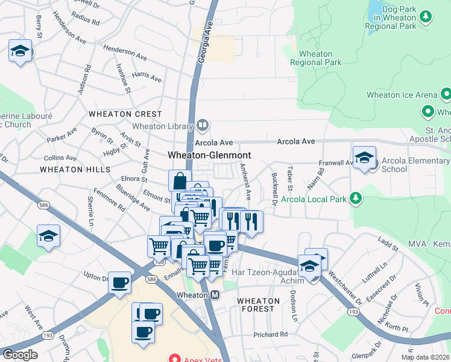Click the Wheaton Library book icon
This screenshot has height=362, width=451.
pyautogui.click(x=203, y=125)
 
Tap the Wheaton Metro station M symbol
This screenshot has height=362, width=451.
pyautogui.click(x=215, y=295)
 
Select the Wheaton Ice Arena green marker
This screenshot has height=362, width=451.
pyautogui.click(x=446, y=95)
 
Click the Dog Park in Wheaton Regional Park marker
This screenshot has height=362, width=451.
pyautogui.click(x=426, y=16)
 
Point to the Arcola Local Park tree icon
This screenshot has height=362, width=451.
pyautogui.click(x=356, y=197)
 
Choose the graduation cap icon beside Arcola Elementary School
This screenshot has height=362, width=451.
pyautogui.click(x=364, y=159)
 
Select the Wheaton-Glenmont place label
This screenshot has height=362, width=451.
pyautogui.click(x=209, y=155)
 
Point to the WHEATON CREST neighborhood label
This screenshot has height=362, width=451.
pyautogui.click(x=125, y=114)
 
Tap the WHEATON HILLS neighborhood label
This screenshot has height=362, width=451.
pyautogui.click(x=69, y=170)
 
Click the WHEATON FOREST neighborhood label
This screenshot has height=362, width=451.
pyautogui.click(x=258, y=305)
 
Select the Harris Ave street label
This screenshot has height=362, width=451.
pyautogui.click(x=147, y=77)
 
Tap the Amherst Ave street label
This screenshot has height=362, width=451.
pyautogui.click(x=246, y=182)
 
